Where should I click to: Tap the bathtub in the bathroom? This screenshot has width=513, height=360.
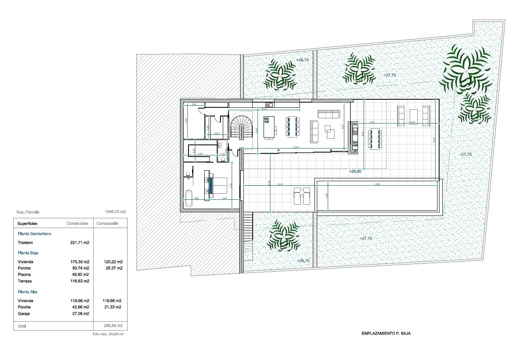coord(188,198)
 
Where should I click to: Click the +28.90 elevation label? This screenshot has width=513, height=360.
coord(355,172)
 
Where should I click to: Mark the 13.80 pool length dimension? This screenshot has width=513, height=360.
coord(378,184)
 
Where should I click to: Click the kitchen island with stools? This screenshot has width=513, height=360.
coord(269,127)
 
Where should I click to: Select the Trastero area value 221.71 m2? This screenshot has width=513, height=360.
coord(80,243)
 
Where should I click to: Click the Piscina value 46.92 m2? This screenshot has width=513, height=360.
coord(80,274)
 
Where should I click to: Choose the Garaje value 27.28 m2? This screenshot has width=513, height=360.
coord(80,314)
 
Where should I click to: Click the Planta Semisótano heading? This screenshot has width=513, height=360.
coord(35,234)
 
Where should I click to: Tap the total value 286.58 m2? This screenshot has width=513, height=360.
coord(113,325)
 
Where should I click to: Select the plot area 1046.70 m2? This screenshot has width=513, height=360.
coord(115,211)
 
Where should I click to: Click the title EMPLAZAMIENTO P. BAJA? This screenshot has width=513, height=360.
coord(386,334)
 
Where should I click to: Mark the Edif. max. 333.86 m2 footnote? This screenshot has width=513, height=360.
coord(108,335)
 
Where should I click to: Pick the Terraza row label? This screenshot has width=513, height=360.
coord(25,281)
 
